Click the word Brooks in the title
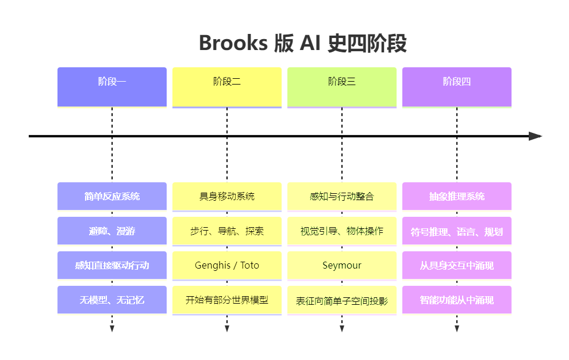pos(233,43)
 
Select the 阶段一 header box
pos(112,87)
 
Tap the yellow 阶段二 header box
pos(227,87)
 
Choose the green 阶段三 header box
pos(342,87)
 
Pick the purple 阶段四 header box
pos(457,87)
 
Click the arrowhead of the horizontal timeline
pos(535,136)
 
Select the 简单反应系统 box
pos(112,196)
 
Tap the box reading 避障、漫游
pos(112,231)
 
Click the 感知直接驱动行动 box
pos(112,265)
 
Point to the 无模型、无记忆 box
pos(112,300)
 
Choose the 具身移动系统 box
pos(227,196)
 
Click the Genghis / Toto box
pos(227,265)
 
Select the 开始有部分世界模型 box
pos(227,300)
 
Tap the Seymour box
pos(342,265)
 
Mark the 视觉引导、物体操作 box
pos(342,231)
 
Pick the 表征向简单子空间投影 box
pos(342,300)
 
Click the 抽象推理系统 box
pos(457,196)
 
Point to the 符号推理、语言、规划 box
pos(457,231)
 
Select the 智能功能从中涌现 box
pos(457,300)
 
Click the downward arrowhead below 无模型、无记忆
pos(112,329)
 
